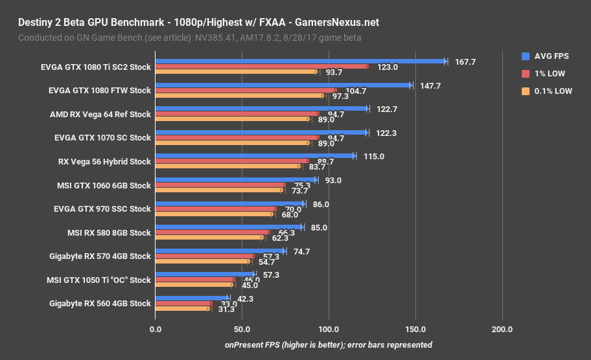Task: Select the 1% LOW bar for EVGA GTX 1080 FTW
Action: [x=246, y=90]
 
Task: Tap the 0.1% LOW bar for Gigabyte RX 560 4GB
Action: [x=182, y=309]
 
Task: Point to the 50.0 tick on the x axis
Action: [x=242, y=329]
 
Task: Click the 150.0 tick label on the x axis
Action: [x=415, y=329]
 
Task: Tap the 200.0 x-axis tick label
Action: [x=502, y=329]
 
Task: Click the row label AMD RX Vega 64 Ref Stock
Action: [x=100, y=115]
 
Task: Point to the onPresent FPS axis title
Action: [x=328, y=344]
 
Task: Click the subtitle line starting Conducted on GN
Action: [x=189, y=38]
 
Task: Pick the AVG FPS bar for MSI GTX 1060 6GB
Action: [x=236, y=180]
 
